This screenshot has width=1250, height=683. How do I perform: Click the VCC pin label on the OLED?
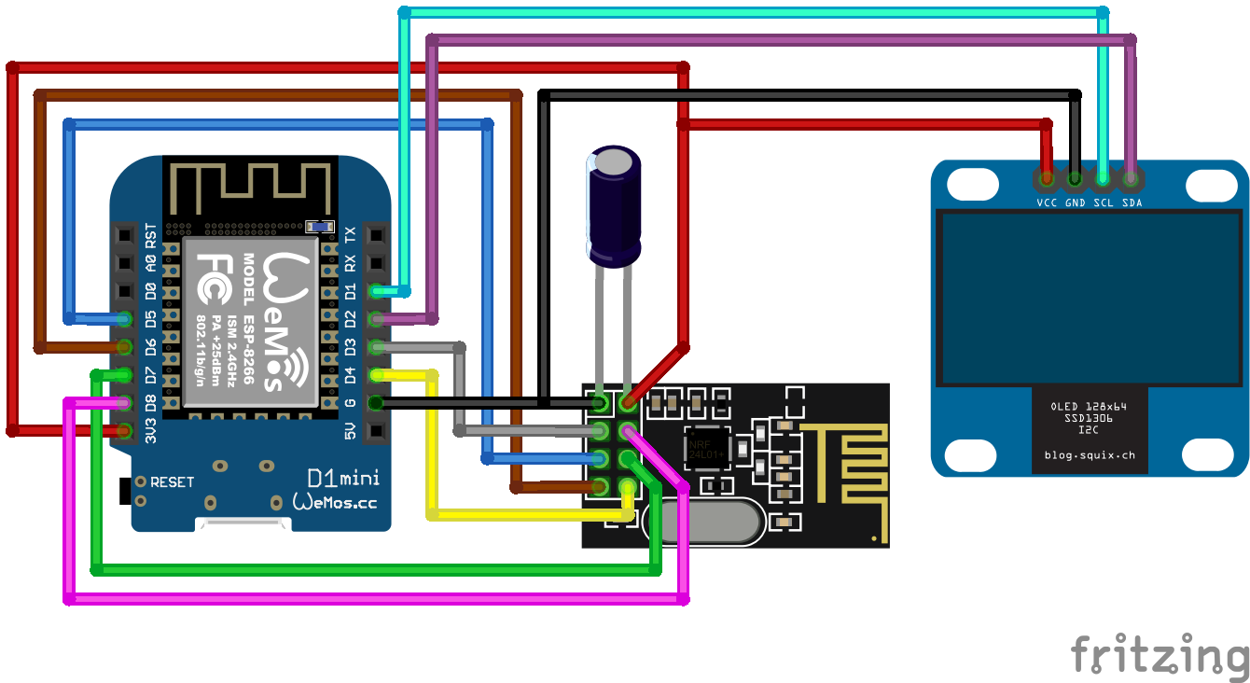coord(1047,202)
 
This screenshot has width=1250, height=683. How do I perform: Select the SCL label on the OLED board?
coord(1104,202)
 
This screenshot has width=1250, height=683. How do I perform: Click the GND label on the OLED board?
coord(1075,202)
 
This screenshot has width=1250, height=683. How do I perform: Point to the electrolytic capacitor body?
coord(614,205)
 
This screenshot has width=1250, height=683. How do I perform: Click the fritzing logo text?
coord(1159,654)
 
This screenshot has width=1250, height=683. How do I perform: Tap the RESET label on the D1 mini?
coord(172,482)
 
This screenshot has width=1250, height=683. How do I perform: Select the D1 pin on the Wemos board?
coord(375,291)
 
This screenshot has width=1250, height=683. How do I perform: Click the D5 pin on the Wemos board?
coord(125,319)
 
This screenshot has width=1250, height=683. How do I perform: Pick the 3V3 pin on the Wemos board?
coord(125,431)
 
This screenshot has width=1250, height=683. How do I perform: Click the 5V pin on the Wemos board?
coord(375,431)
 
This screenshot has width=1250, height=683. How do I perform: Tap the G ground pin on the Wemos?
coord(375,403)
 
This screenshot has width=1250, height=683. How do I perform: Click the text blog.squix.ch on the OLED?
coord(1089,456)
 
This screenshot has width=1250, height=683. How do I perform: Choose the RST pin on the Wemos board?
coord(125,235)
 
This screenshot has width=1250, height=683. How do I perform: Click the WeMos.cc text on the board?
coord(336,502)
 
